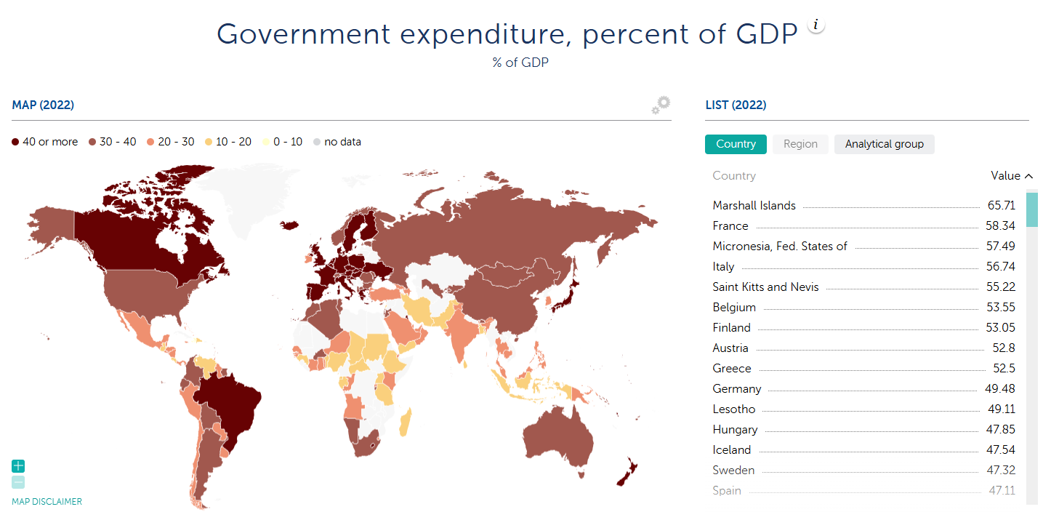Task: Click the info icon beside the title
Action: pos(816,25)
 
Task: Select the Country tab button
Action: pos(736,144)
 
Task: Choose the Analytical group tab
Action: pos(884,144)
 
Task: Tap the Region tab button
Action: pos(800,144)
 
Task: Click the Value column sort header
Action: pos(1011,176)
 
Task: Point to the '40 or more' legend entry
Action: pos(45,142)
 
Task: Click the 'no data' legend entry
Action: pos(337,142)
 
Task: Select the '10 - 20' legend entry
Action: pos(229,142)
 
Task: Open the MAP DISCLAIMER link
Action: pos(47,502)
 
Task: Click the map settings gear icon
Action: pos(660,105)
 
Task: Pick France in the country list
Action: pos(730,226)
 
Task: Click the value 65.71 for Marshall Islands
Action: pos(1001,206)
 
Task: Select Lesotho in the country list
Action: pos(734,409)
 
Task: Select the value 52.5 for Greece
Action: pos(1004,369)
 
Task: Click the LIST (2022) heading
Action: pos(736,105)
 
